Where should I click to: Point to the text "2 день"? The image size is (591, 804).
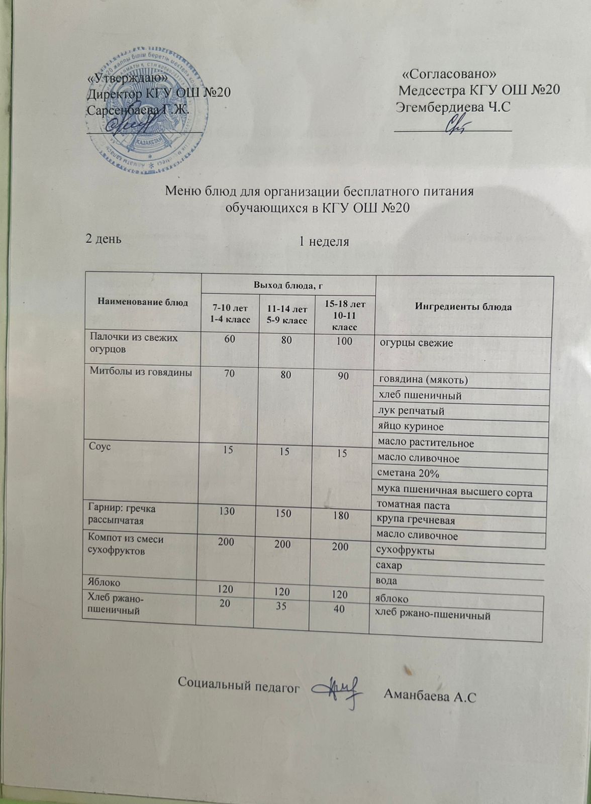(104, 238)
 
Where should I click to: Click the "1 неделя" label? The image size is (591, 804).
(324, 242)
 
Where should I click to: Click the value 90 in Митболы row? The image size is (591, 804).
(343, 375)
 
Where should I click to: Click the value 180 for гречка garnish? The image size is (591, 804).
(340, 515)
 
